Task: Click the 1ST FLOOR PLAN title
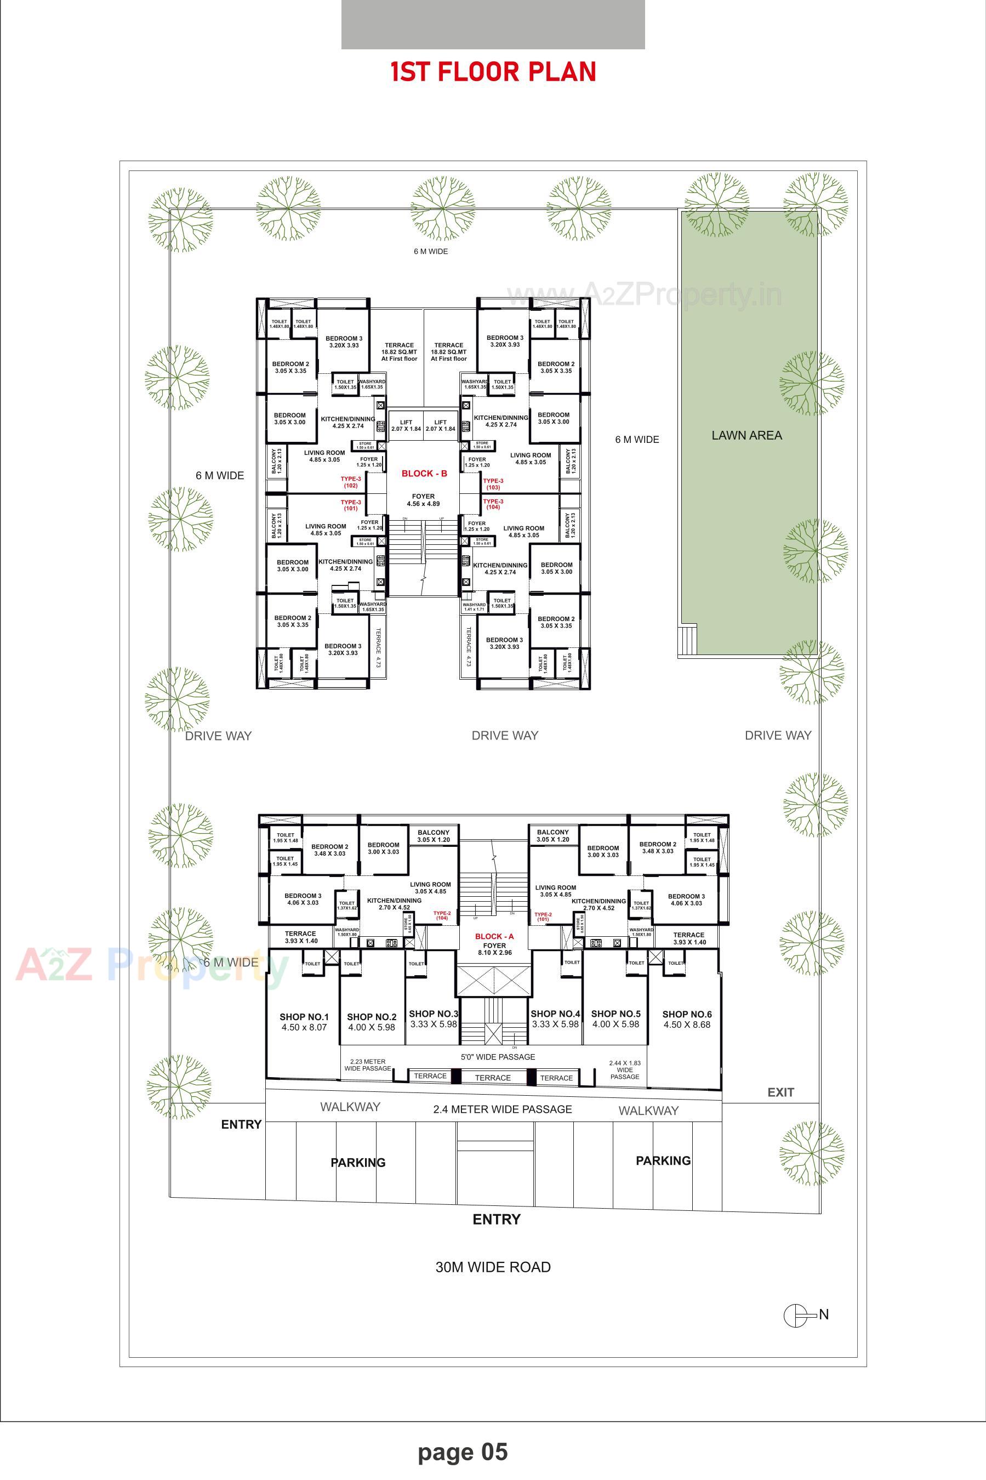(x=493, y=72)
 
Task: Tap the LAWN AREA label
(x=746, y=435)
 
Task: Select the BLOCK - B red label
(x=424, y=474)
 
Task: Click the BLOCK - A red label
(x=494, y=936)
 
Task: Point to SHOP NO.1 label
(x=304, y=1017)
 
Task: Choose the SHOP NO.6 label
(x=687, y=1014)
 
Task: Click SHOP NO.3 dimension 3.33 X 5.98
(x=434, y=1023)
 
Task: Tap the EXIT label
(x=780, y=1092)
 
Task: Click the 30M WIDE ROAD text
(x=493, y=1267)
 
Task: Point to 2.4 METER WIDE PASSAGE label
(x=503, y=1109)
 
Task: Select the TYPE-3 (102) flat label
(x=350, y=482)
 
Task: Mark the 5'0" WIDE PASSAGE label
(x=498, y=1056)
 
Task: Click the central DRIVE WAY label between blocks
(x=505, y=735)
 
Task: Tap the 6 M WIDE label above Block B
(x=431, y=252)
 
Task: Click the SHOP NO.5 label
(x=615, y=1014)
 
